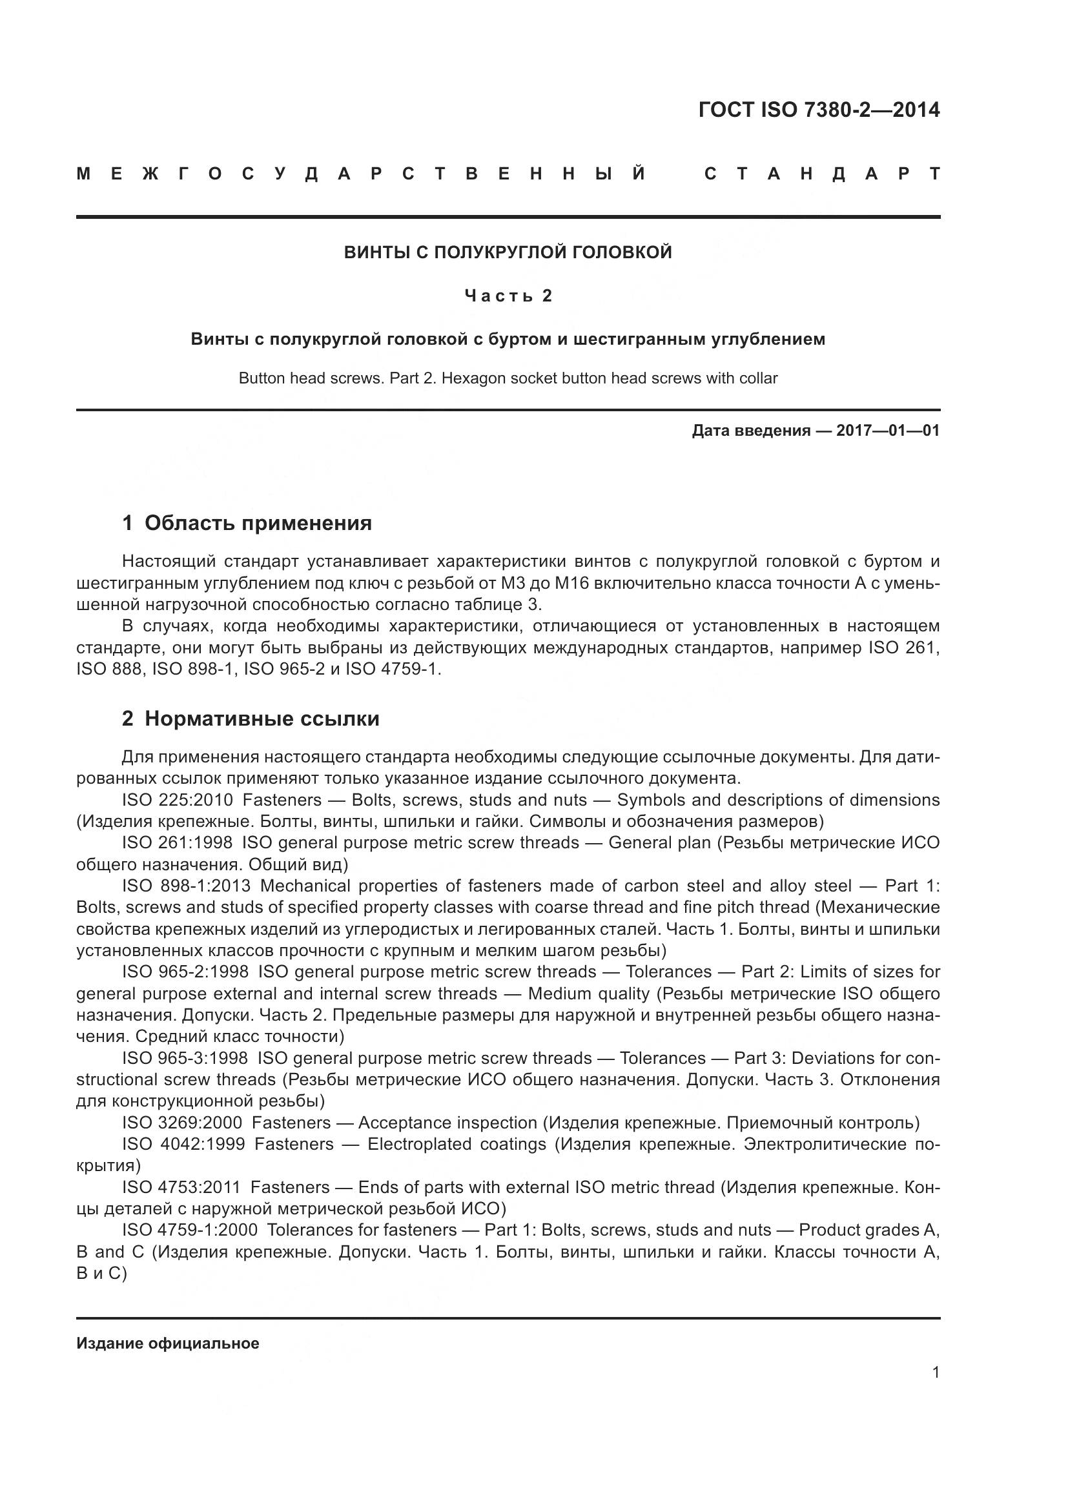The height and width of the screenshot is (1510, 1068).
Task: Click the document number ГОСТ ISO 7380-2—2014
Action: (x=819, y=110)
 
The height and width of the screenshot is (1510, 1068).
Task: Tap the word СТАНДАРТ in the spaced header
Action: (x=822, y=174)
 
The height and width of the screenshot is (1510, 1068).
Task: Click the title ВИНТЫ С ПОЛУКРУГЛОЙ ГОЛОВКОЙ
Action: (x=508, y=252)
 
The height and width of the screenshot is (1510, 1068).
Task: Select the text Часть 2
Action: (x=508, y=296)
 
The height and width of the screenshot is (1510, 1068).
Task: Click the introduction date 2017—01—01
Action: (x=888, y=431)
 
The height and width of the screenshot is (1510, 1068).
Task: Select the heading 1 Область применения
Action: (x=247, y=523)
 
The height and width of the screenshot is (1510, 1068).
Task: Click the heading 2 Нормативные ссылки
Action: (x=251, y=719)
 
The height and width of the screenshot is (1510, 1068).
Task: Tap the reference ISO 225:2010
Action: (x=177, y=801)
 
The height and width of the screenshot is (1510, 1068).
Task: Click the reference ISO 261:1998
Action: (x=177, y=843)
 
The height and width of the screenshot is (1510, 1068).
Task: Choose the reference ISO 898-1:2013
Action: (x=186, y=886)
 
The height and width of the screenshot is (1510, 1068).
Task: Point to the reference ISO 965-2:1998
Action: (x=185, y=972)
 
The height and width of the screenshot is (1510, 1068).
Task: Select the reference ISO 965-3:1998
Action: (x=185, y=1058)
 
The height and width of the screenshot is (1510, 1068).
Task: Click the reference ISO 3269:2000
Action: (x=181, y=1123)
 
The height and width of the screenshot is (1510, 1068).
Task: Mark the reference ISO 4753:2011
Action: (x=181, y=1187)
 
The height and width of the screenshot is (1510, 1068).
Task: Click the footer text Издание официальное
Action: (x=168, y=1343)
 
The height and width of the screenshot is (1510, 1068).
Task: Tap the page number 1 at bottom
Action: (x=936, y=1372)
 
